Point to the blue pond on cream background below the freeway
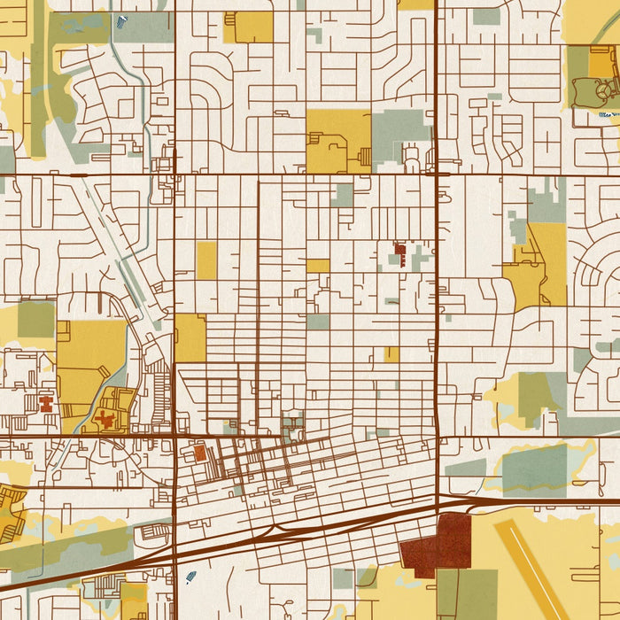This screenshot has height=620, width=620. click(191, 577)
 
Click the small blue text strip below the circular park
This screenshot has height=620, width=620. click(608, 114)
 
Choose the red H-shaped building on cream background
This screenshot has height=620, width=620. click(46, 406)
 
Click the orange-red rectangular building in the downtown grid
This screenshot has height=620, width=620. click(199, 453)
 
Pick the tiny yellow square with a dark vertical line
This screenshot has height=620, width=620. click(391, 354)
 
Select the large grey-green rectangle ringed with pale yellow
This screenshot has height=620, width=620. click(533, 470)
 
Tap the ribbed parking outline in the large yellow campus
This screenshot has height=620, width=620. click(328, 142)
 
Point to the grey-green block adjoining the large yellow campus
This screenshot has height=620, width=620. click(400, 129)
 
